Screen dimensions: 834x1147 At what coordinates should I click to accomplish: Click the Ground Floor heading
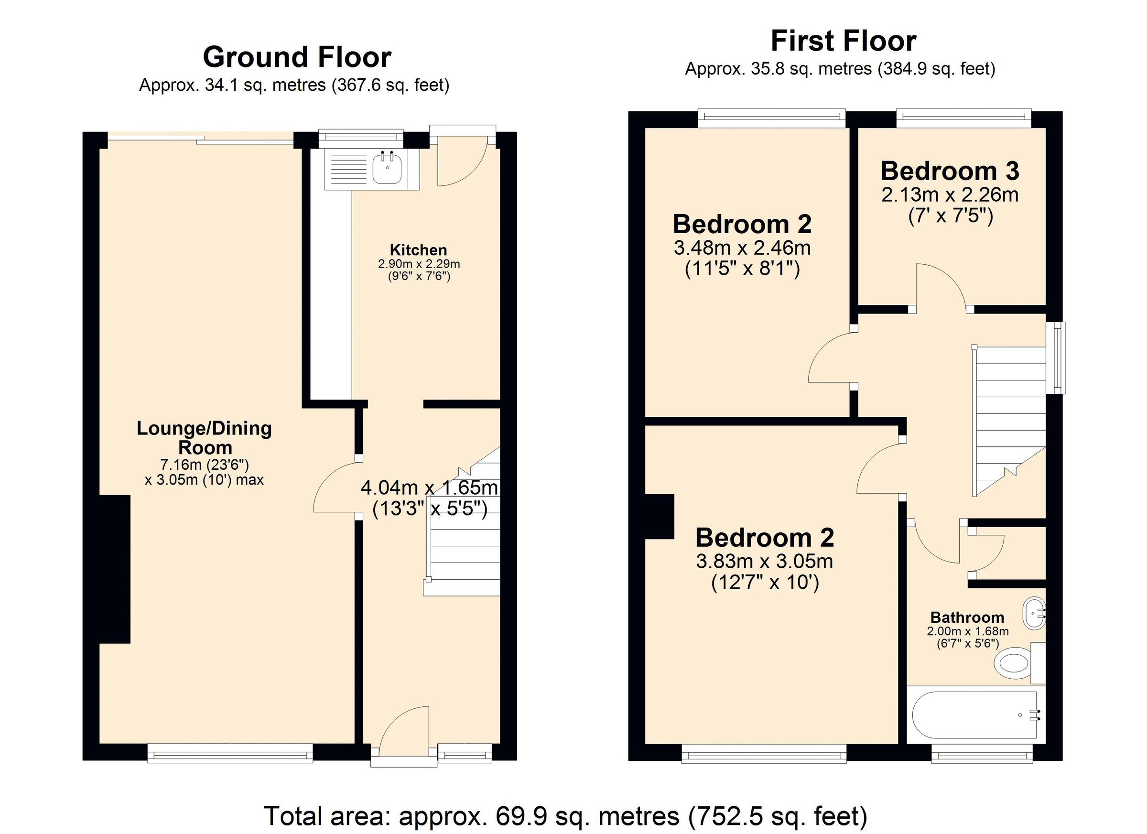point(296,57)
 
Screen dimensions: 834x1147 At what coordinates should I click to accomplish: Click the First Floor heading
point(843,41)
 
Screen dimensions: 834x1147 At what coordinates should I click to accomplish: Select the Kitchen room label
point(418,250)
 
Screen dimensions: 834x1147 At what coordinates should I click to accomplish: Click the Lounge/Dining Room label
point(205,437)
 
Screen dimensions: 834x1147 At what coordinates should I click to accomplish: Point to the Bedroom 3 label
point(950,171)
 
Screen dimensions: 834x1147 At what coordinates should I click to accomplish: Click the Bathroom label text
point(967,617)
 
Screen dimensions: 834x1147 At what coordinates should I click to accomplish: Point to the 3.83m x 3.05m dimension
point(764,562)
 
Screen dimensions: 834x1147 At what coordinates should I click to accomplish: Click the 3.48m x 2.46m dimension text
point(742,248)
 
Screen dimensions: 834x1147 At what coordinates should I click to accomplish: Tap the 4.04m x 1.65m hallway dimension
point(429,487)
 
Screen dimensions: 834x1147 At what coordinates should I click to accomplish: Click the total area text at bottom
point(565,816)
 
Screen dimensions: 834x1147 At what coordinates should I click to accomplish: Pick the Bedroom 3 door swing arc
point(941,283)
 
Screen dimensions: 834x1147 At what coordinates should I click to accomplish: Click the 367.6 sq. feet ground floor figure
point(390,85)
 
